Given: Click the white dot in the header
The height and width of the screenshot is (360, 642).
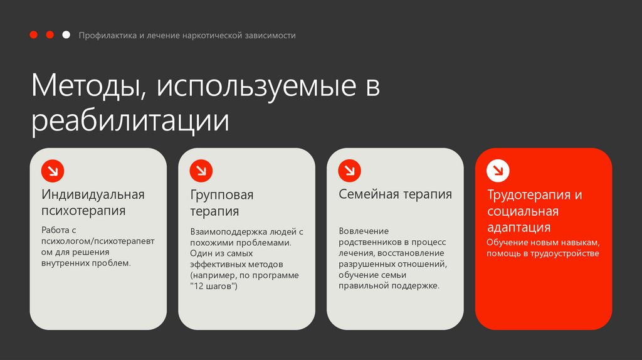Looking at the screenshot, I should [66, 35].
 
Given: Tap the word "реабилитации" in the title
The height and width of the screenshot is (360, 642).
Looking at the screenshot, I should [130, 122].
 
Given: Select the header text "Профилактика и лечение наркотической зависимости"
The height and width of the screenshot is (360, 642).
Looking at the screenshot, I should [187, 36].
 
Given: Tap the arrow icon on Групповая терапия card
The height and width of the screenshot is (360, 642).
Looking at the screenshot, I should [201, 171].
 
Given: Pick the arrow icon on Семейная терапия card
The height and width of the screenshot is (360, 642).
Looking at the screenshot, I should [350, 171].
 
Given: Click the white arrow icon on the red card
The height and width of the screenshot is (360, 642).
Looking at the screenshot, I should [498, 171].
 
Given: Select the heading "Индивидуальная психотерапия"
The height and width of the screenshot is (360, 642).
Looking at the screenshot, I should [93, 202].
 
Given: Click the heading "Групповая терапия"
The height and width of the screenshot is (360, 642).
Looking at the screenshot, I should [222, 203].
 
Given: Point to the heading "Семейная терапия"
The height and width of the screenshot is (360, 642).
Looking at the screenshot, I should [395, 194].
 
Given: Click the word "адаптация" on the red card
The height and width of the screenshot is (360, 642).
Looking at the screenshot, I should [518, 227].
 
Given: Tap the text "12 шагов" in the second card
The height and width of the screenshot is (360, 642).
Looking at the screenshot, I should [213, 286].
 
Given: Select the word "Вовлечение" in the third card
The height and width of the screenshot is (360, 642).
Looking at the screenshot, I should [364, 231].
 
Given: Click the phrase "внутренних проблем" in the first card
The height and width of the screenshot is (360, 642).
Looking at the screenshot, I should [86, 263].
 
